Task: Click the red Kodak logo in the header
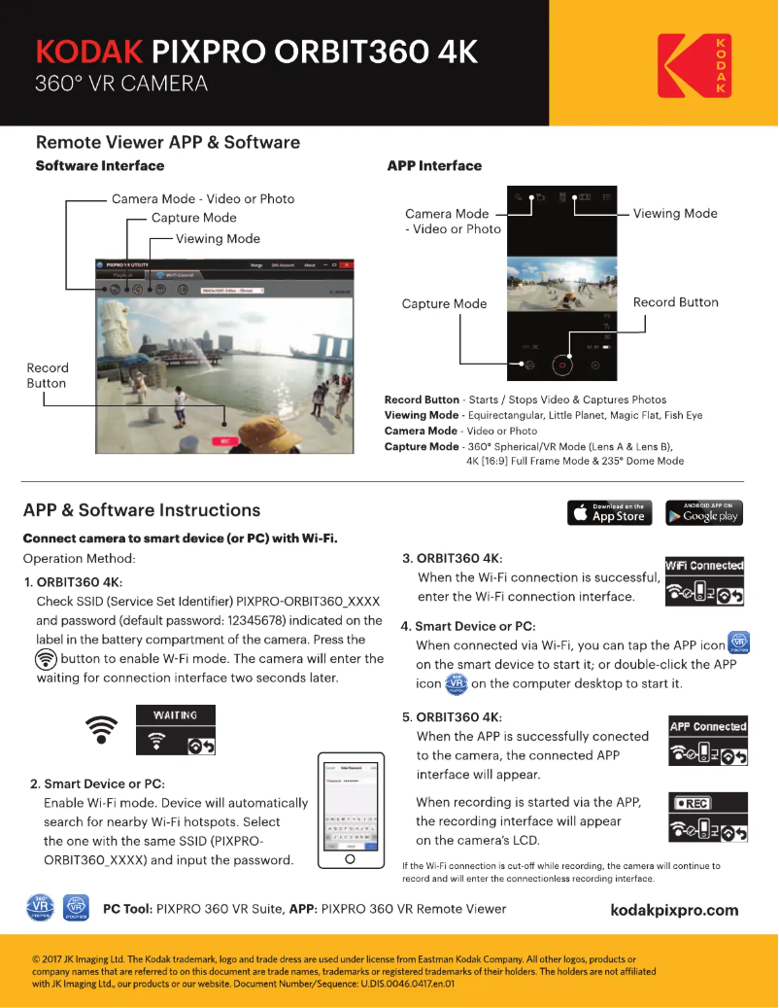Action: click(x=694, y=65)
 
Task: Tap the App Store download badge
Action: click(x=609, y=512)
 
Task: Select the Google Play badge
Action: click(x=704, y=512)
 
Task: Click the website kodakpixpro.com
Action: click(x=674, y=910)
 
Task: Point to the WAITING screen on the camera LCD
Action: click(x=175, y=732)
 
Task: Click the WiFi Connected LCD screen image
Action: click(x=704, y=581)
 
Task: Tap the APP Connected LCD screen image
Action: click(x=707, y=743)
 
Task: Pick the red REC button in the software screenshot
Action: click(x=225, y=440)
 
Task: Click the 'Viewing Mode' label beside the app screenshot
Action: click(x=675, y=214)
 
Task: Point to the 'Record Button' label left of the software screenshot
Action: click(x=48, y=375)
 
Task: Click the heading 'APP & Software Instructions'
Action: click(x=142, y=510)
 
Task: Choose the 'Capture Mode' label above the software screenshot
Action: click(x=194, y=218)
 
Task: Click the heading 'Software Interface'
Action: click(x=100, y=166)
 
